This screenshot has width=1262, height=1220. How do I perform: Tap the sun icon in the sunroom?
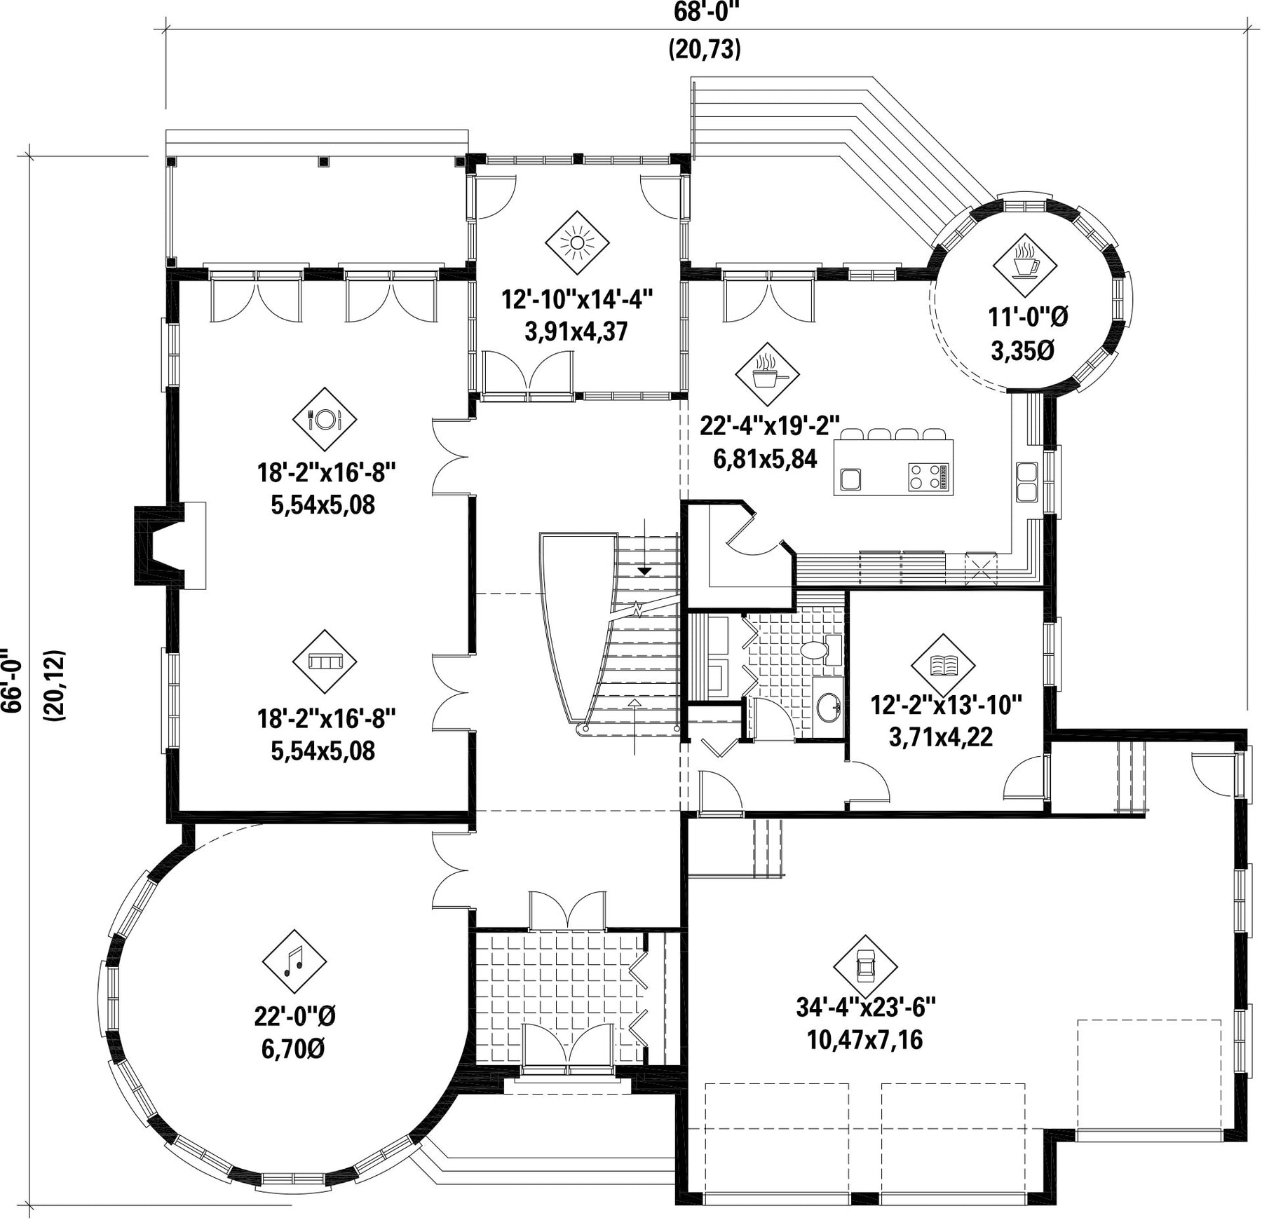point(577,243)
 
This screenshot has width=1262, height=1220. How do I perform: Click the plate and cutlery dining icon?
point(325,419)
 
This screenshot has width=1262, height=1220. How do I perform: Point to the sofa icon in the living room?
point(325,662)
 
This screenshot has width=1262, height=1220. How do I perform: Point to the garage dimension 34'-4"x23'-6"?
point(866,1008)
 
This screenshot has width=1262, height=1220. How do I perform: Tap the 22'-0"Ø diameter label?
point(295,1015)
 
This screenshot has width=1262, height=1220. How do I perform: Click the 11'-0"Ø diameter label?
point(1028,318)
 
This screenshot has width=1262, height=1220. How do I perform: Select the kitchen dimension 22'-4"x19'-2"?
point(770,425)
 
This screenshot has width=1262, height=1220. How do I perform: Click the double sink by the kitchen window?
point(1027,481)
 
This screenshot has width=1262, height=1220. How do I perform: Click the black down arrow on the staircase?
point(644,572)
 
